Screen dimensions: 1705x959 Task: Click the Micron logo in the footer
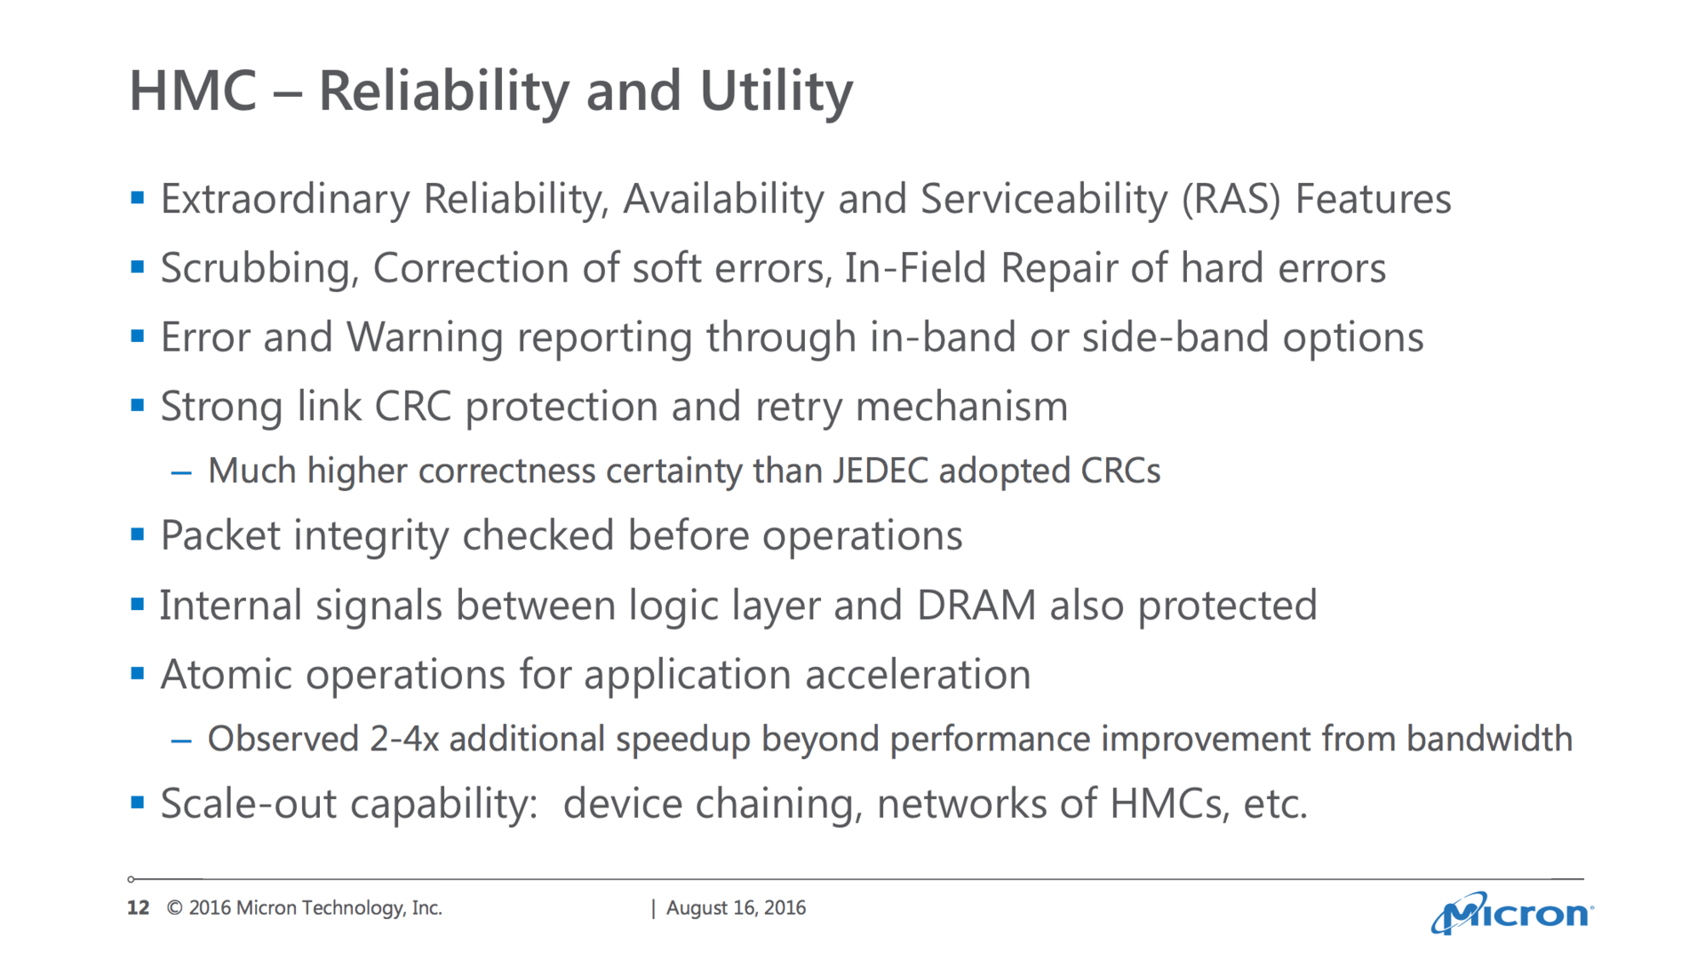(x=1512, y=913)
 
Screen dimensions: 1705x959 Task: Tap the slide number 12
(x=138, y=907)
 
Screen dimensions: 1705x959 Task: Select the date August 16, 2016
(x=736, y=907)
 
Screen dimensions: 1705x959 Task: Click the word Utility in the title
(x=776, y=92)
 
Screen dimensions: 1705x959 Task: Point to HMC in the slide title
(x=193, y=91)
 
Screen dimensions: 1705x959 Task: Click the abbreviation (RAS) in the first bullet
(x=1231, y=200)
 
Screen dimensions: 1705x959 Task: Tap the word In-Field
(x=916, y=268)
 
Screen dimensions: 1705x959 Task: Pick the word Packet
(x=220, y=535)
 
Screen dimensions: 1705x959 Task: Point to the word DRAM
(x=976, y=606)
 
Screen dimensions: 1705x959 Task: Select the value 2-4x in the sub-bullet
(x=404, y=739)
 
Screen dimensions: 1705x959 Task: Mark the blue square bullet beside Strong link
(x=137, y=406)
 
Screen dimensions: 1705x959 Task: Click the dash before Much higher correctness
(x=181, y=472)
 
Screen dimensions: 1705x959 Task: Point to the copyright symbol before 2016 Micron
(x=175, y=907)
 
